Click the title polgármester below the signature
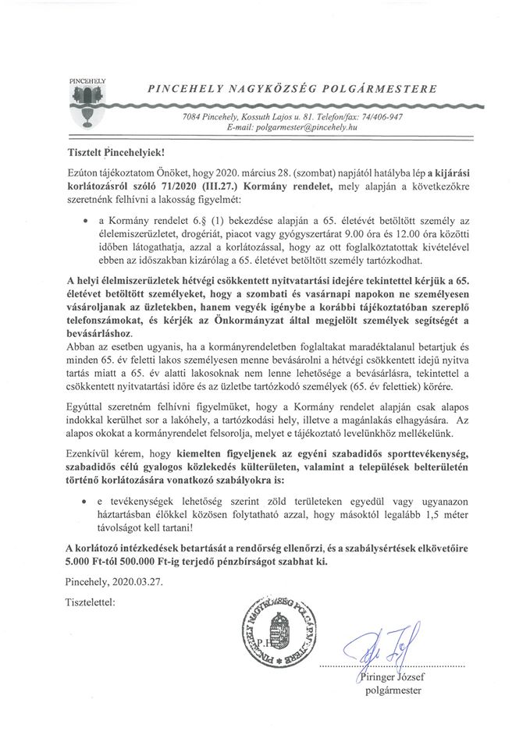coord(394,690)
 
